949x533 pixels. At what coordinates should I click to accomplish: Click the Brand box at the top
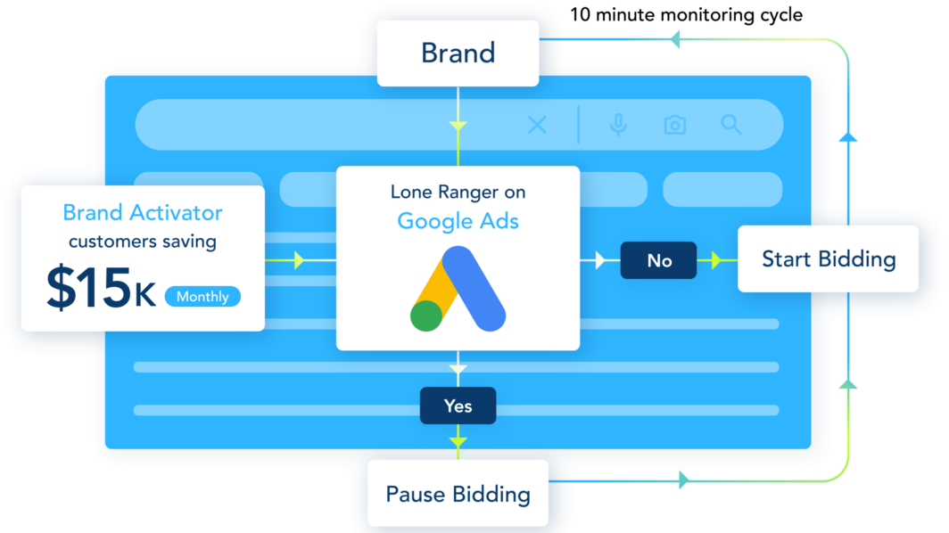click(x=458, y=53)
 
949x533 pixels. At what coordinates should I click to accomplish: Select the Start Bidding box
click(x=828, y=259)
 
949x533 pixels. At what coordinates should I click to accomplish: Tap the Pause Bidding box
click(x=458, y=494)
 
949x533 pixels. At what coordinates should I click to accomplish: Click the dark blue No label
click(x=659, y=260)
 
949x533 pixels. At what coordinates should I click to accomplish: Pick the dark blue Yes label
click(x=458, y=406)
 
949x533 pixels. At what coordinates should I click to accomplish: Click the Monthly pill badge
click(x=202, y=297)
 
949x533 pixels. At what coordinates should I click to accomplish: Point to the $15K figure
click(x=101, y=289)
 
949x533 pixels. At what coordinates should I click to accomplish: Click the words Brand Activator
click(x=143, y=213)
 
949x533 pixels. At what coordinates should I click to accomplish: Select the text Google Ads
click(x=458, y=220)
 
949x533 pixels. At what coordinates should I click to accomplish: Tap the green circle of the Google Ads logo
click(x=428, y=315)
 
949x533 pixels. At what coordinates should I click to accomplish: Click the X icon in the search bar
click(x=537, y=125)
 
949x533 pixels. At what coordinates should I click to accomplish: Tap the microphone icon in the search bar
click(x=617, y=125)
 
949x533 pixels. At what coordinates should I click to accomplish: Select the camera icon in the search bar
click(x=675, y=125)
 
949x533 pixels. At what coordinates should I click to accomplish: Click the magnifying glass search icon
click(x=731, y=125)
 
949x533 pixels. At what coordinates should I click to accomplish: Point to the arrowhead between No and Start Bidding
click(x=715, y=260)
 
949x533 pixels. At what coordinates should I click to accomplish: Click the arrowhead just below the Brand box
click(x=458, y=126)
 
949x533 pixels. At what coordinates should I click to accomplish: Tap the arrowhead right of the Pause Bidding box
click(x=683, y=480)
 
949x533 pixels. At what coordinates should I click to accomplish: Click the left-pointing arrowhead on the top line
click(x=675, y=39)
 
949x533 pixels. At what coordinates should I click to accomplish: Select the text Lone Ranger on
click(x=458, y=192)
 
